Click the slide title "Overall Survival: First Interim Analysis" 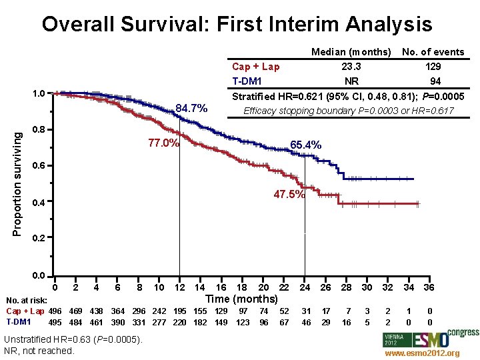(237, 25)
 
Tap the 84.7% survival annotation (192, 108)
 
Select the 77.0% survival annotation (163, 143)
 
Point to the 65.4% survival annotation (306, 145)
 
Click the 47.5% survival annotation (289, 195)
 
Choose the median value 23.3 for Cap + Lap (351, 67)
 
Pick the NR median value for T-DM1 (351, 81)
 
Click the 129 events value (433, 67)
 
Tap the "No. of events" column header (433, 52)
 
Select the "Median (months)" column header (351, 52)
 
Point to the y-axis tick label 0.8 (39, 129)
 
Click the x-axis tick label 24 (305, 287)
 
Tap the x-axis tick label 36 (429, 287)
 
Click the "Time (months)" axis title (242, 299)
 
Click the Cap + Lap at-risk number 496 (55, 311)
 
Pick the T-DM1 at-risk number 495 (55, 323)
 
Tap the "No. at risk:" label (25, 301)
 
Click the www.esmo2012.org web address (423, 353)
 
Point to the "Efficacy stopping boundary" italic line (349, 111)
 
